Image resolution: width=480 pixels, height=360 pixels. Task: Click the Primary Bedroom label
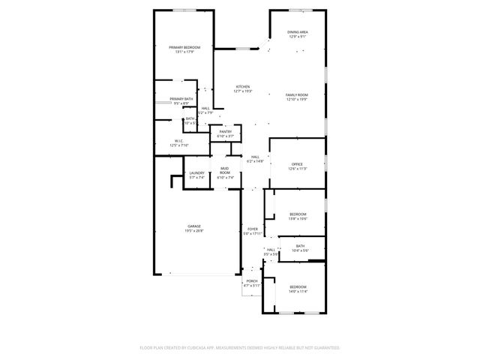tap(184, 47)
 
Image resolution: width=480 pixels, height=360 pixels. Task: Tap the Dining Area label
tap(297, 31)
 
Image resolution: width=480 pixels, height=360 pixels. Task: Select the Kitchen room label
tap(243, 86)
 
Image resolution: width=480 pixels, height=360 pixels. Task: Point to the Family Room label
tap(297, 94)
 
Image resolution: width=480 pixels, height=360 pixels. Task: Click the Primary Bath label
tap(181, 99)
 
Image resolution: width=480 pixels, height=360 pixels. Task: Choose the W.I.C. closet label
tap(179, 140)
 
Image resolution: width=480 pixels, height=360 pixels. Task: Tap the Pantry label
tap(226, 131)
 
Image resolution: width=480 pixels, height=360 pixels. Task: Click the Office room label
tap(297, 164)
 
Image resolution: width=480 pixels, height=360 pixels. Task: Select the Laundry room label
tap(196, 173)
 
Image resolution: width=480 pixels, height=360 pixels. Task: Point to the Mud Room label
tap(226, 171)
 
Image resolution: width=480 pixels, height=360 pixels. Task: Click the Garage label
tap(193, 226)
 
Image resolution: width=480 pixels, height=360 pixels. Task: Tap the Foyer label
tap(251, 230)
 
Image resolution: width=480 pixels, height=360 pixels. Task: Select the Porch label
tap(251, 281)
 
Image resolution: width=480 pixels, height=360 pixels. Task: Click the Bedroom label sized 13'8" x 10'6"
tap(298, 214)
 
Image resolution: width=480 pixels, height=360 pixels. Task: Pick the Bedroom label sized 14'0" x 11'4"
tap(298, 286)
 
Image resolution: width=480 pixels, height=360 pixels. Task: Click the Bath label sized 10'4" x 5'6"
tap(300, 246)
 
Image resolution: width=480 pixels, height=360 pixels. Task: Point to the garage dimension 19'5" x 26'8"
tap(193, 231)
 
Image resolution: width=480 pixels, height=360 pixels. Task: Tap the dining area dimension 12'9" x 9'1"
tap(297, 36)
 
